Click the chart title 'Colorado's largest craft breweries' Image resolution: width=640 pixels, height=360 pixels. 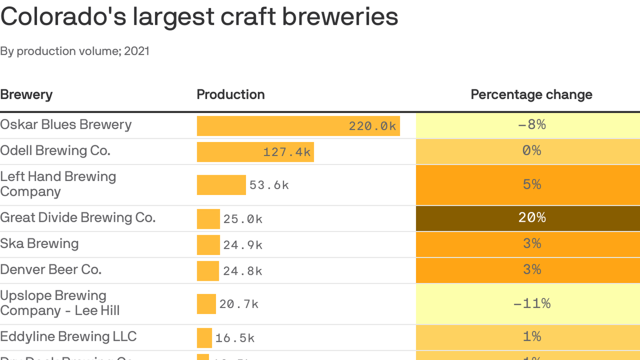[199, 17]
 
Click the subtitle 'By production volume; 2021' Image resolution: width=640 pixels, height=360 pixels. [75, 51]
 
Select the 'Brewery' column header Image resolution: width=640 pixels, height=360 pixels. [26, 95]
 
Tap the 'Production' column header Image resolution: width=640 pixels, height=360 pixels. [231, 95]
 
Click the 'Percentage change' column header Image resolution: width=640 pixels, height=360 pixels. [531, 95]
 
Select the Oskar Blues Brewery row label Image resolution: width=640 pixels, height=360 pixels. [66, 125]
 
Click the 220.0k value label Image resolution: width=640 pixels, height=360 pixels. [372, 126]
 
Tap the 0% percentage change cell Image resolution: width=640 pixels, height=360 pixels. [532, 151]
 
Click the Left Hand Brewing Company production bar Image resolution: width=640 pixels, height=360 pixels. [221, 185]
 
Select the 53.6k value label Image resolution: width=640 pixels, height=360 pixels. [269, 185]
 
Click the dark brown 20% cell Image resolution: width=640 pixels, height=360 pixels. [532, 218]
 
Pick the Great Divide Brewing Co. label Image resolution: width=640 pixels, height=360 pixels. [78, 217]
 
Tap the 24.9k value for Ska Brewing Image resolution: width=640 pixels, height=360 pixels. [243, 245]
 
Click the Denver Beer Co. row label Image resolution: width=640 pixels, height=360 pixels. [51, 270]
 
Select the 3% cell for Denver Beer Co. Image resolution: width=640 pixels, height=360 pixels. [532, 270]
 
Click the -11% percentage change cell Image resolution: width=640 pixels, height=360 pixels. [532, 304]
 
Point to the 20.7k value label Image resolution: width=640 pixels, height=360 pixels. [239, 304]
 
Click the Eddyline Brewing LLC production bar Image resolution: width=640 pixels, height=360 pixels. [204, 338]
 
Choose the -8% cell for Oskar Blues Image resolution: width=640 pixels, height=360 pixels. [532, 125]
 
